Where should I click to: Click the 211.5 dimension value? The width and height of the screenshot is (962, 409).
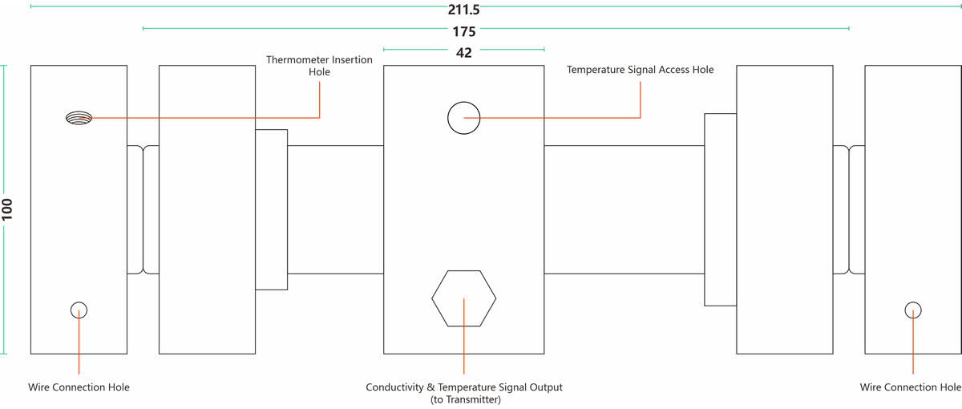pyautogui.click(x=464, y=10)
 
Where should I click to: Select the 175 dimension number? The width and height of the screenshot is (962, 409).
pyautogui.click(x=463, y=32)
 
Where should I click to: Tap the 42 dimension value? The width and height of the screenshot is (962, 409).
pyautogui.click(x=463, y=53)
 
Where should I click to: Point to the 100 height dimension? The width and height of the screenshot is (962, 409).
pyautogui.click(x=7, y=209)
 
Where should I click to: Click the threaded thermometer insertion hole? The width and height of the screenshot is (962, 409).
pyautogui.click(x=79, y=118)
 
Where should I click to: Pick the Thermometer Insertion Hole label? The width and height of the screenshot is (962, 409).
pyautogui.click(x=319, y=66)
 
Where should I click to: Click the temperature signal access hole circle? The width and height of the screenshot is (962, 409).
pyautogui.click(x=463, y=118)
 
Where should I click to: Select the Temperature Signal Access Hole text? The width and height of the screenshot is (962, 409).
pyautogui.click(x=640, y=70)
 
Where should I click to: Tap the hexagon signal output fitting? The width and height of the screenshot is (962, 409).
pyautogui.click(x=463, y=298)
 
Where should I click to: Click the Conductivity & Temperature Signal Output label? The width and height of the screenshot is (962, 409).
pyautogui.click(x=464, y=387)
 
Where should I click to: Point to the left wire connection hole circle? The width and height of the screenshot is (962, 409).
pyautogui.click(x=79, y=310)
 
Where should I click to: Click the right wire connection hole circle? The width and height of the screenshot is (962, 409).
pyautogui.click(x=913, y=310)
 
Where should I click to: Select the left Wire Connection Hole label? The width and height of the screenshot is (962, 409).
pyautogui.click(x=79, y=387)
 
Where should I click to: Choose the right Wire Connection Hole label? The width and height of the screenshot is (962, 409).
pyautogui.click(x=910, y=387)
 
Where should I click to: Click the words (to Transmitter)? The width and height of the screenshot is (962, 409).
pyautogui.click(x=464, y=399)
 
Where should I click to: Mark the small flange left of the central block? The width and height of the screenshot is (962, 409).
pyautogui.click(x=271, y=209)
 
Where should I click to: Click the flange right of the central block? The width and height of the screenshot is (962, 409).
pyautogui.click(x=720, y=209)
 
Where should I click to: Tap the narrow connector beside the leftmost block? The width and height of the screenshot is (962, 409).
pyautogui.click(x=143, y=209)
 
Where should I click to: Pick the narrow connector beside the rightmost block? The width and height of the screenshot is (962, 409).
pyautogui.click(x=848, y=209)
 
